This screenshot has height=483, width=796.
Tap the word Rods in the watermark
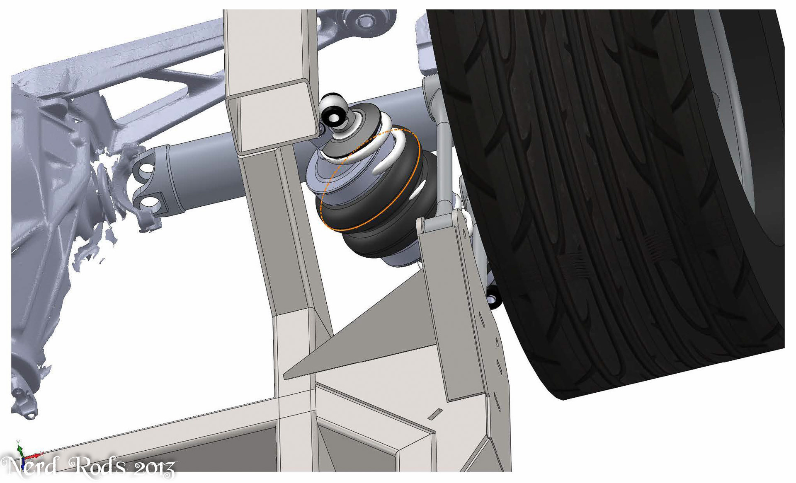click(x=97, y=466)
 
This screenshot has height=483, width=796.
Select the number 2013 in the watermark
click(x=154, y=469)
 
